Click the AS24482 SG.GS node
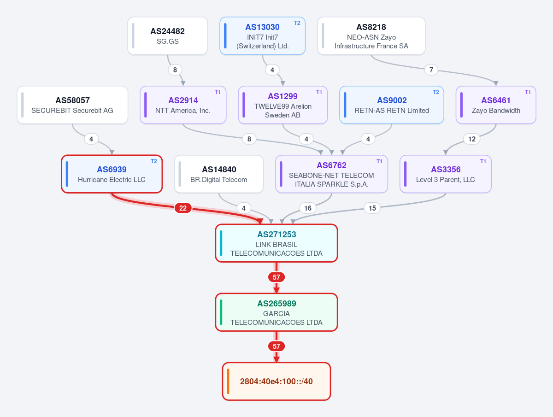pos(168,36)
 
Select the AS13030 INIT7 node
pos(262,36)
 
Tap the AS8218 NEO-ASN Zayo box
pos(371,36)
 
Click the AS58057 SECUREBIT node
pos(72,105)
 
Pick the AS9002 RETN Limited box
pos(392,105)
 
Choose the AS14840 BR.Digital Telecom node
pos(219,174)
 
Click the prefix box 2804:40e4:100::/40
pos(276,381)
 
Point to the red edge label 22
pos(183,208)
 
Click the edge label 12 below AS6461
pos(471,139)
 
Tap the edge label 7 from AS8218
pos(431,70)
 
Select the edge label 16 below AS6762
pos(308,208)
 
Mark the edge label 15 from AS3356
pos(372,208)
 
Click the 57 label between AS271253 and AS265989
pos(276,277)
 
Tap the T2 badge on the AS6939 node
pos(153,161)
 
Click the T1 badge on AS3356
pos(483,161)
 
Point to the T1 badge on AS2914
pos(218,92)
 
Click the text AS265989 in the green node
pos(276,304)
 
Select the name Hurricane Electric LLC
pos(112,180)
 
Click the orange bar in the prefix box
pos(228,381)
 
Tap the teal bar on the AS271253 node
pos(221,243)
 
